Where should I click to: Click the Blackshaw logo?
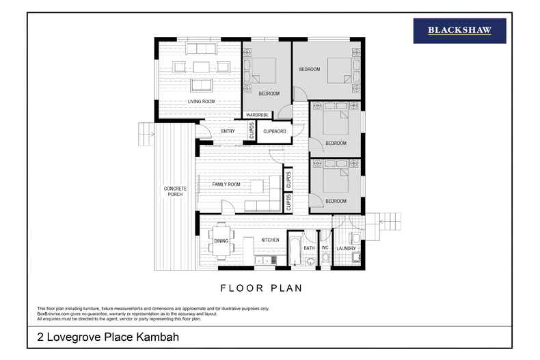(x=459, y=30)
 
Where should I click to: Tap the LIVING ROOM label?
(x=201, y=102)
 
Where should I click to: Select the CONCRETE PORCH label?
(x=174, y=191)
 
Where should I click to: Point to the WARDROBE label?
(x=258, y=115)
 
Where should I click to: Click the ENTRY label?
(x=228, y=131)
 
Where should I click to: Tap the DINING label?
(x=221, y=240)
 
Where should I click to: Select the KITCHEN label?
(x=270, y=240)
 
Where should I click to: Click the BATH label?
(x=309, y=248)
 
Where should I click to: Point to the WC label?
(x=326, y=248)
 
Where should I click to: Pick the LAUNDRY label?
(x=346, y=248)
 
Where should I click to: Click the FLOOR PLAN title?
(x=261, y=288)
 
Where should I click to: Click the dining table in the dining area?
(x=221, y=241)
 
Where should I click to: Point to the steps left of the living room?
(x=146, y=134)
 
